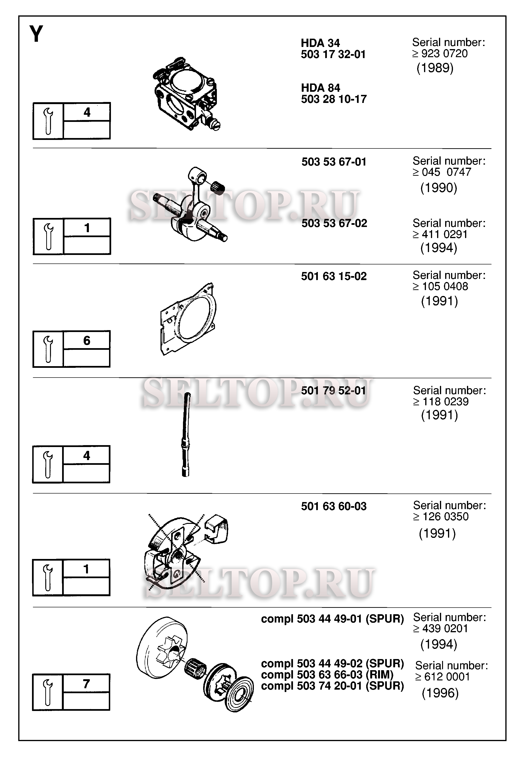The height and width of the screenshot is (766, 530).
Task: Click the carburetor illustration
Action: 186,94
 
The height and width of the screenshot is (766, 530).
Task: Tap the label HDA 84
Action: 320,88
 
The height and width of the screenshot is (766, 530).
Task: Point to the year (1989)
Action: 435,68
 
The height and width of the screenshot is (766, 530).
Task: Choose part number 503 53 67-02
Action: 334,223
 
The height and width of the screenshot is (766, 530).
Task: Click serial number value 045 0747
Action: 446,172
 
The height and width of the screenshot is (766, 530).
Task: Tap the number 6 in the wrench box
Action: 87,341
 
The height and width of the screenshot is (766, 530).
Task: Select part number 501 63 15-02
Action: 334,276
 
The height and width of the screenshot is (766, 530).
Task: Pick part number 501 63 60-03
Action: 334,506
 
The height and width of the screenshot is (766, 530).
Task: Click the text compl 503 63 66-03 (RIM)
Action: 327,675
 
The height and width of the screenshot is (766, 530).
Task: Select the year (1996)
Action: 440,693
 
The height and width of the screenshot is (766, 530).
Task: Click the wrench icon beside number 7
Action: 48,692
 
